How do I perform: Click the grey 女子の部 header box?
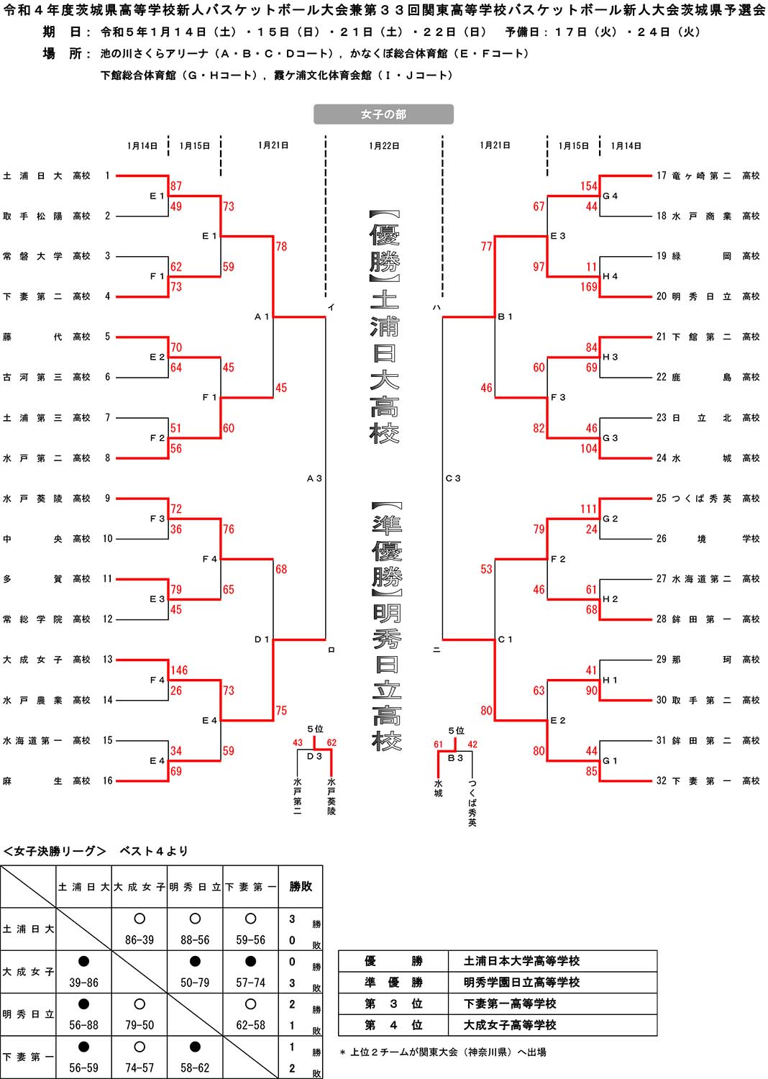[x=383, y=114]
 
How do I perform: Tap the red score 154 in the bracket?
[x=589, y=186]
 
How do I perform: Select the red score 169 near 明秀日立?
[x=589, y=287]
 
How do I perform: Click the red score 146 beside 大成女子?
[x=179, y=670]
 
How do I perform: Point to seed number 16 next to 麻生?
[x=107, y=780]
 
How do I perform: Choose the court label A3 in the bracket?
[x=314, y=478]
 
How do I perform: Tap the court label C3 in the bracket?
[x=453, y=478]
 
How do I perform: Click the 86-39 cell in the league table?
[x=140, y=939]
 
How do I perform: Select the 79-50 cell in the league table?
[x=140, y=1025]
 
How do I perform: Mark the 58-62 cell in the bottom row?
[x=195, y=1068]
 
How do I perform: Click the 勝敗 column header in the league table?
[x=301, y=887]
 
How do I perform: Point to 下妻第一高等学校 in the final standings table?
[x=510, y=1003]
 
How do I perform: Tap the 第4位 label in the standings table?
[x=393, y=1025]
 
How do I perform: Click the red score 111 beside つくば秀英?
[x=589, y=509]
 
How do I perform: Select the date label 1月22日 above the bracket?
[x=384, y=146]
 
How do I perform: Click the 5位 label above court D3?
[x=315, y=729]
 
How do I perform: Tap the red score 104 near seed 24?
[x=589, y=449]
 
